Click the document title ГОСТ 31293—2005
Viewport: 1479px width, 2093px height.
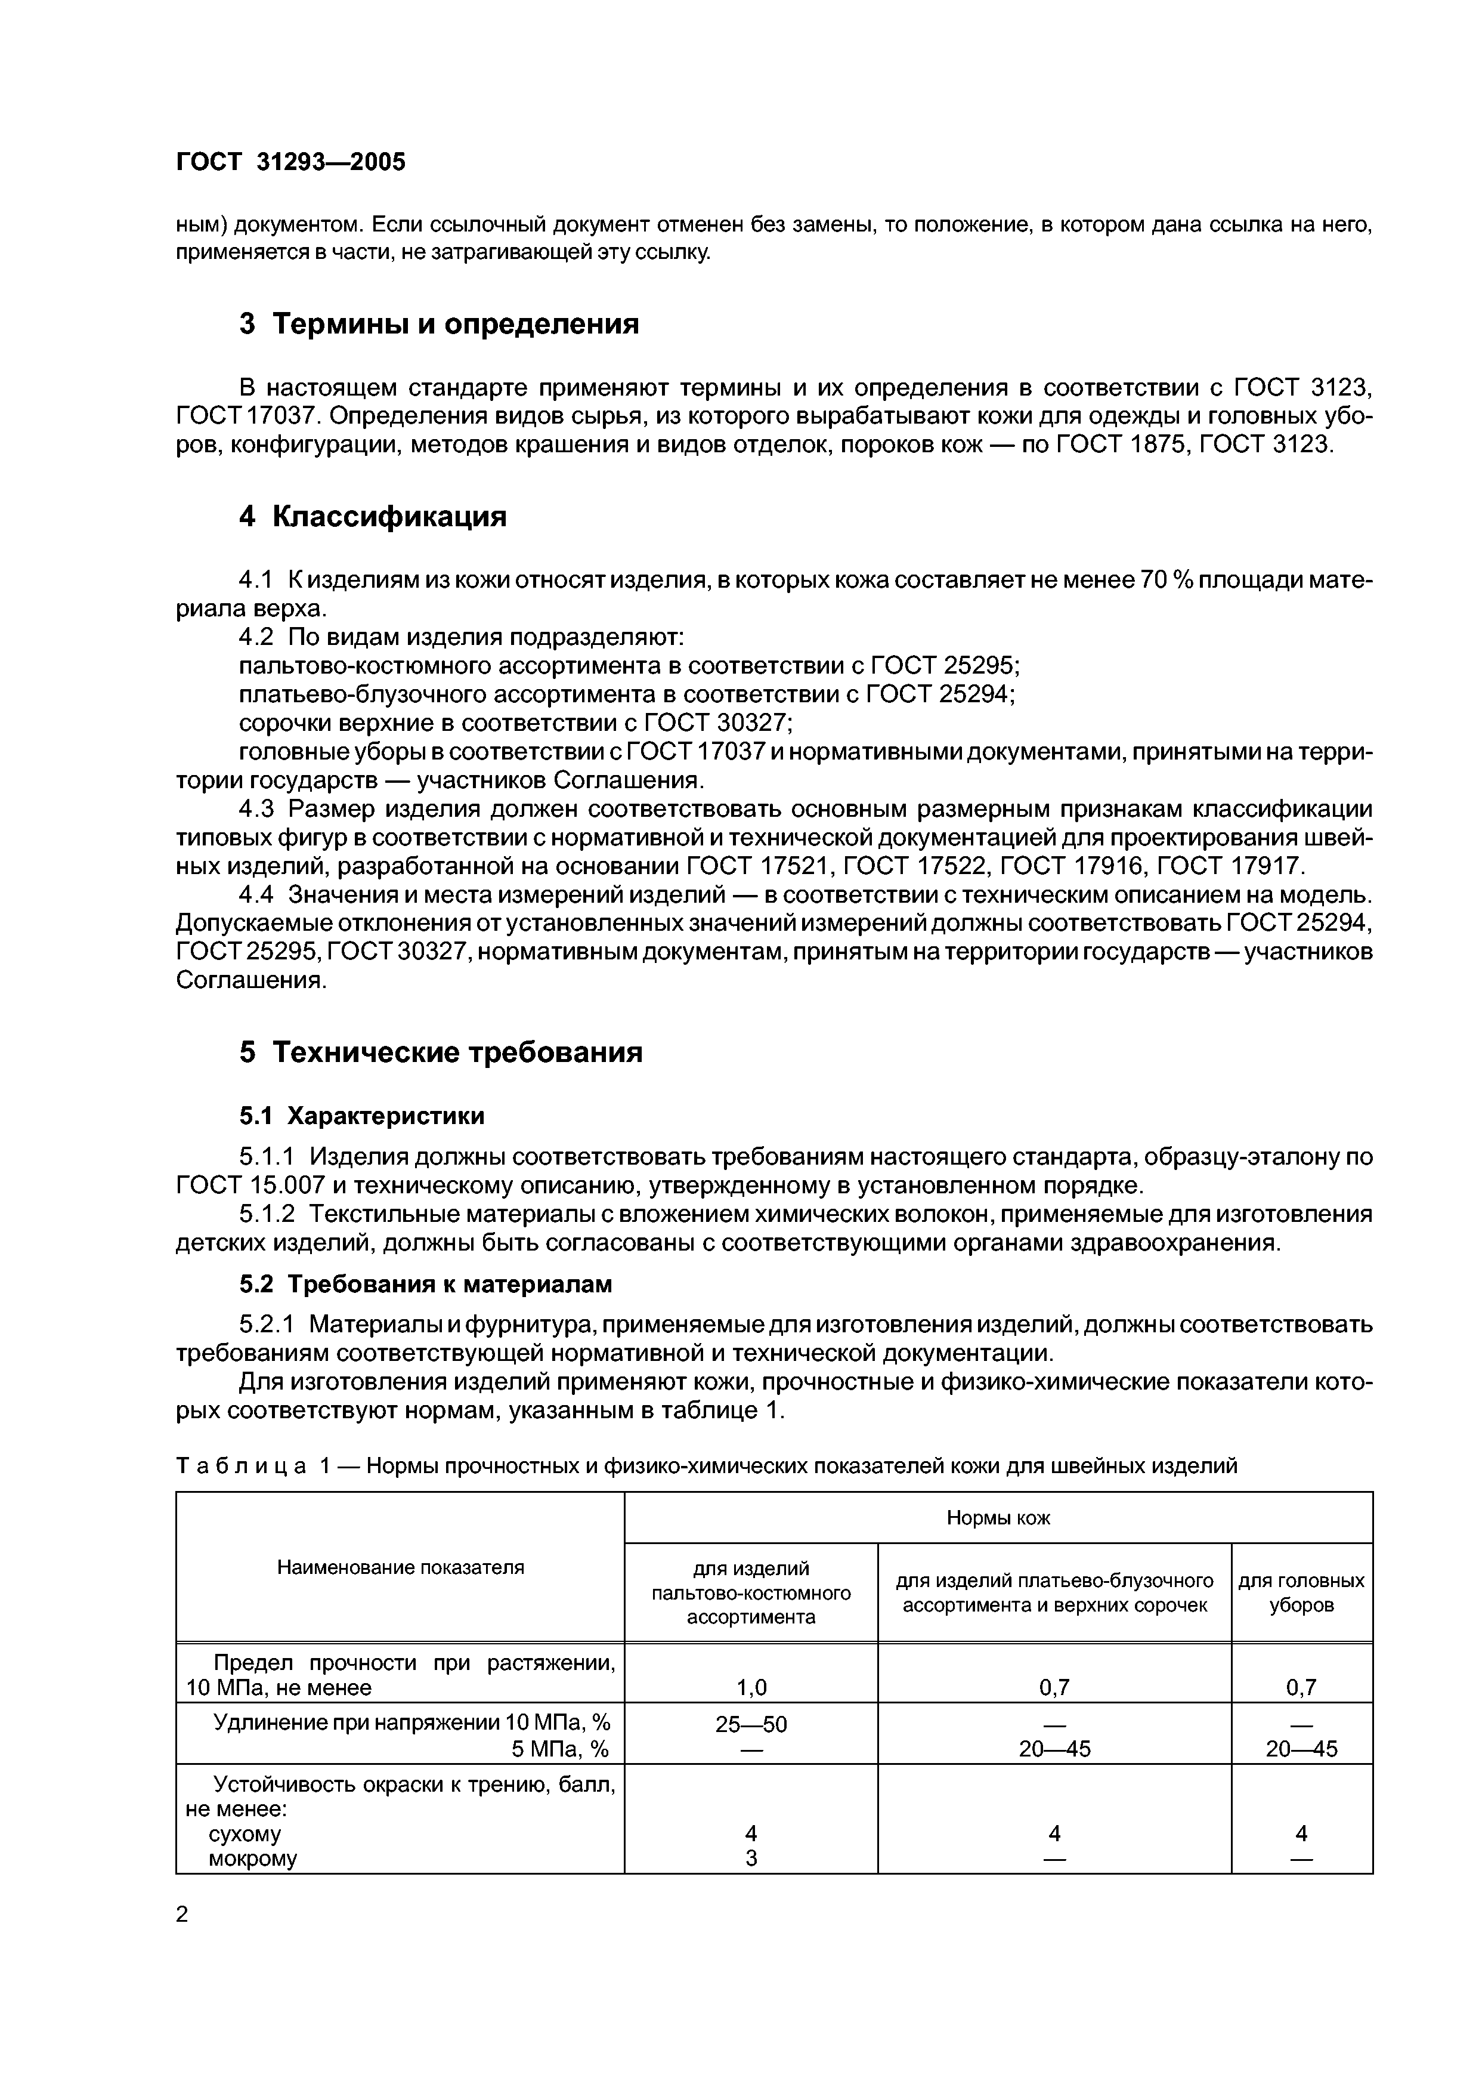tap(290, 162)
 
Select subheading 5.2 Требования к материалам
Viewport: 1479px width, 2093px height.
tap(426, 1285)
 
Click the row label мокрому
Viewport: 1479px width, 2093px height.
tap(252, 1858)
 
